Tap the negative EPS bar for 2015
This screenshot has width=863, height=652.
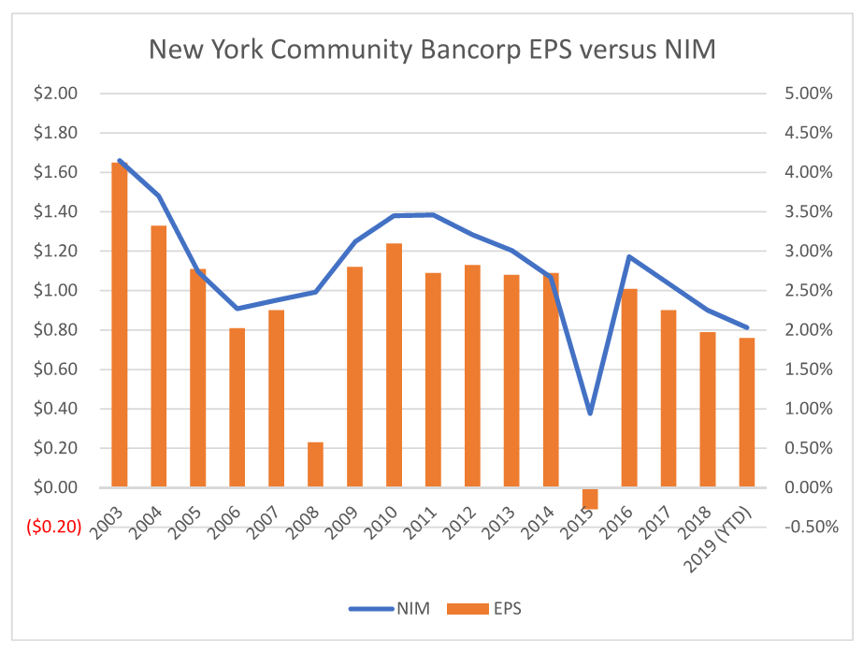pos(590,498)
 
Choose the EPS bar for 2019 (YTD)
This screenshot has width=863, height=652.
pos(747,412)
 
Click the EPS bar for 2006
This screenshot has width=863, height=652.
pos(237,407)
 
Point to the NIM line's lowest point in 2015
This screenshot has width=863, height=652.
pos(590,413)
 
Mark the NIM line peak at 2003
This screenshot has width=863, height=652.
pos(120,161)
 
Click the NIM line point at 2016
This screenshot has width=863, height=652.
pos(629,256)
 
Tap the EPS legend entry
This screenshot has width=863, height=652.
pos(486,608)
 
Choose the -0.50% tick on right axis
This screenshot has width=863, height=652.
pos(805,527)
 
